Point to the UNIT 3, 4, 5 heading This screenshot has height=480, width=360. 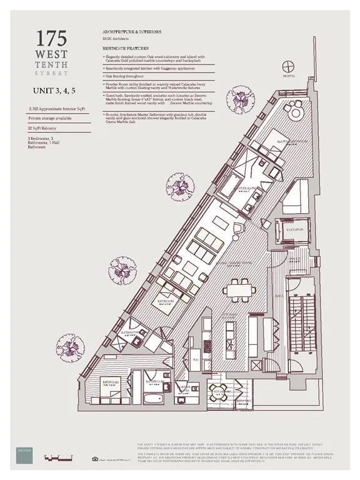(55, 91)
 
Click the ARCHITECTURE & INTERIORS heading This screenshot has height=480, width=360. (129, 31)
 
